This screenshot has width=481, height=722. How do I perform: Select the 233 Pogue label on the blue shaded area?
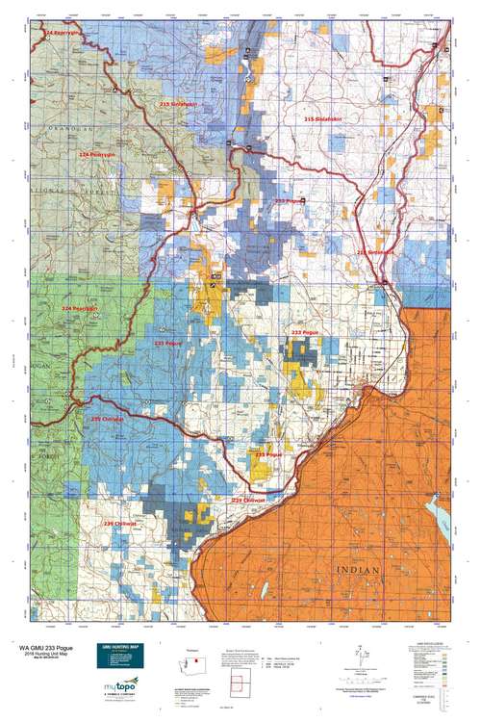tap(168, 343)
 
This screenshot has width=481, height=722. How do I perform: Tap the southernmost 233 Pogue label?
tap(268, 452)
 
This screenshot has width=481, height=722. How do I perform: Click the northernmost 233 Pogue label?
tap(288, 200)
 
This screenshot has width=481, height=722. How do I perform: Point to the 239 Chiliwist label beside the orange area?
tap(248, 501)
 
